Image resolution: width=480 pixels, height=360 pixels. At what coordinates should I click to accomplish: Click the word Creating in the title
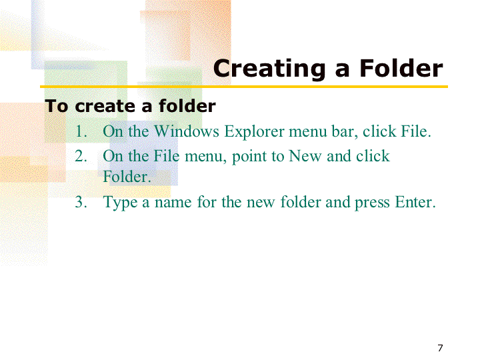point(269,69)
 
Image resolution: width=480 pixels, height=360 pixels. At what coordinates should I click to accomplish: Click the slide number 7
point(440,348)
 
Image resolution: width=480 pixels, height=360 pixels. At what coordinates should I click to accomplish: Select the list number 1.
point(81,131)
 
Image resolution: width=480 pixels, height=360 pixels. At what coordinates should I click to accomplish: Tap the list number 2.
point(81,156)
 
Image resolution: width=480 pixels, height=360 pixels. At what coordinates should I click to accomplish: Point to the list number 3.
point(81,202)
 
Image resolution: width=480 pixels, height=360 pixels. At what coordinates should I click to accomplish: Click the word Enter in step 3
point(415,202)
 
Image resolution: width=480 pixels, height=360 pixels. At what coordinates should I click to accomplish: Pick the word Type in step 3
point(120,203)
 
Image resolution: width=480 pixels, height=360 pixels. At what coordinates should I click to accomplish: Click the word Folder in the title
point(401,68)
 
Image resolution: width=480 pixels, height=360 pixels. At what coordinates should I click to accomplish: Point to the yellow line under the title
point(244,87)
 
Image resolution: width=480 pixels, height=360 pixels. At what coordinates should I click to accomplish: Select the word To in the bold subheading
point(56,106)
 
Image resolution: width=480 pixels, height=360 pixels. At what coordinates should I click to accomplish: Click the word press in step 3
point(372,203)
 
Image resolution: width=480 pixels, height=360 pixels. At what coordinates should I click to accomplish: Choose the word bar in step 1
point(345,131)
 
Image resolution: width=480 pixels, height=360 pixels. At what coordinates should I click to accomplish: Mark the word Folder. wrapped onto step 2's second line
point(127,177)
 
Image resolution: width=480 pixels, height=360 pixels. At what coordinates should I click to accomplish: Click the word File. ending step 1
point(416,131)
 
